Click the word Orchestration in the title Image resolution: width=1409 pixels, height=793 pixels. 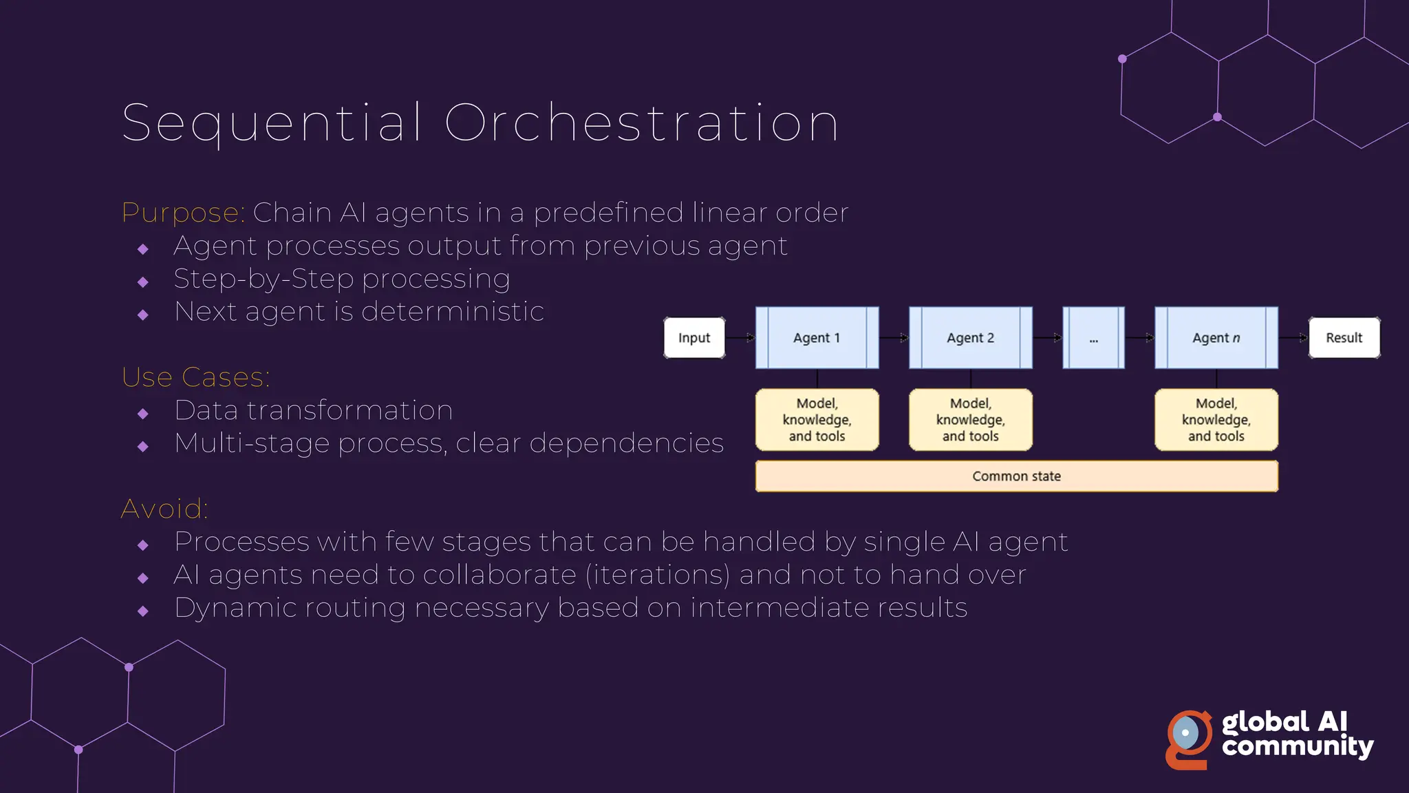pos(641,123)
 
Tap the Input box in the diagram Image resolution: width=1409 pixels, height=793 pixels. pos(693,338)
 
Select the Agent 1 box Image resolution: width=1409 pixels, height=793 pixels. pos(817,338)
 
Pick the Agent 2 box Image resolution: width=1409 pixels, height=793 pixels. pos(970,338)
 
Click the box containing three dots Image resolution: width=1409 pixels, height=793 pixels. pos(1093,338)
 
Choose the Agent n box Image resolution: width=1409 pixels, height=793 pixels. pos(1216,338)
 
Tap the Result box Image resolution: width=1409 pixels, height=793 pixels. pos(1344,338)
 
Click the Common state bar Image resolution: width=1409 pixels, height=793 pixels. pos(1016,476)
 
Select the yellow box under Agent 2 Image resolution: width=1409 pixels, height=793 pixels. pos(970,420)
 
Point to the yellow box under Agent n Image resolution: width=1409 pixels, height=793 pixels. pos(1216,420)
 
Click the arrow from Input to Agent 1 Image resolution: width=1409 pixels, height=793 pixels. pos(740,338)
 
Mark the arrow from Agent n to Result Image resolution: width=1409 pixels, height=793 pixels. pos(1293,338)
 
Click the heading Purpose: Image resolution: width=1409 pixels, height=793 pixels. pos(183,213)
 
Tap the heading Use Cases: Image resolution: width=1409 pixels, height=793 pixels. pos(196,377)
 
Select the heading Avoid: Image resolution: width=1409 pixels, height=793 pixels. pos(164,509)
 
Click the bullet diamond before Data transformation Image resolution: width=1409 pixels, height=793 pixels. pos(143,414)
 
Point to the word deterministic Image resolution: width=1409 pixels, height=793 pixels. pos(453,312)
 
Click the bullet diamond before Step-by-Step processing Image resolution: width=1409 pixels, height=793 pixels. pos(143,282)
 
